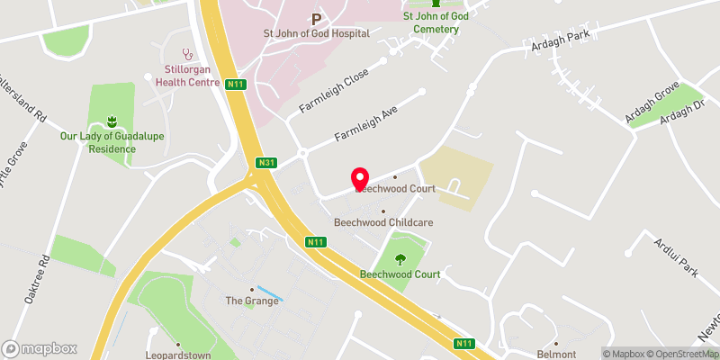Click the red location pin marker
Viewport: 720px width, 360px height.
360,180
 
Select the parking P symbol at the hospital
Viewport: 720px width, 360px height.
316,18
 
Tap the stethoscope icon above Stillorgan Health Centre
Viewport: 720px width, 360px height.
187,52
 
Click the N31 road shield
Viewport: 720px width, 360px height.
265,163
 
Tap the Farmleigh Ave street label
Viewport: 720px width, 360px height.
366,121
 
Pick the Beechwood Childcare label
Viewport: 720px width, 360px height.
383,222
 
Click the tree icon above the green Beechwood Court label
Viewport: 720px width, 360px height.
400,260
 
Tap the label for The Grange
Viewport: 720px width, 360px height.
252,301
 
